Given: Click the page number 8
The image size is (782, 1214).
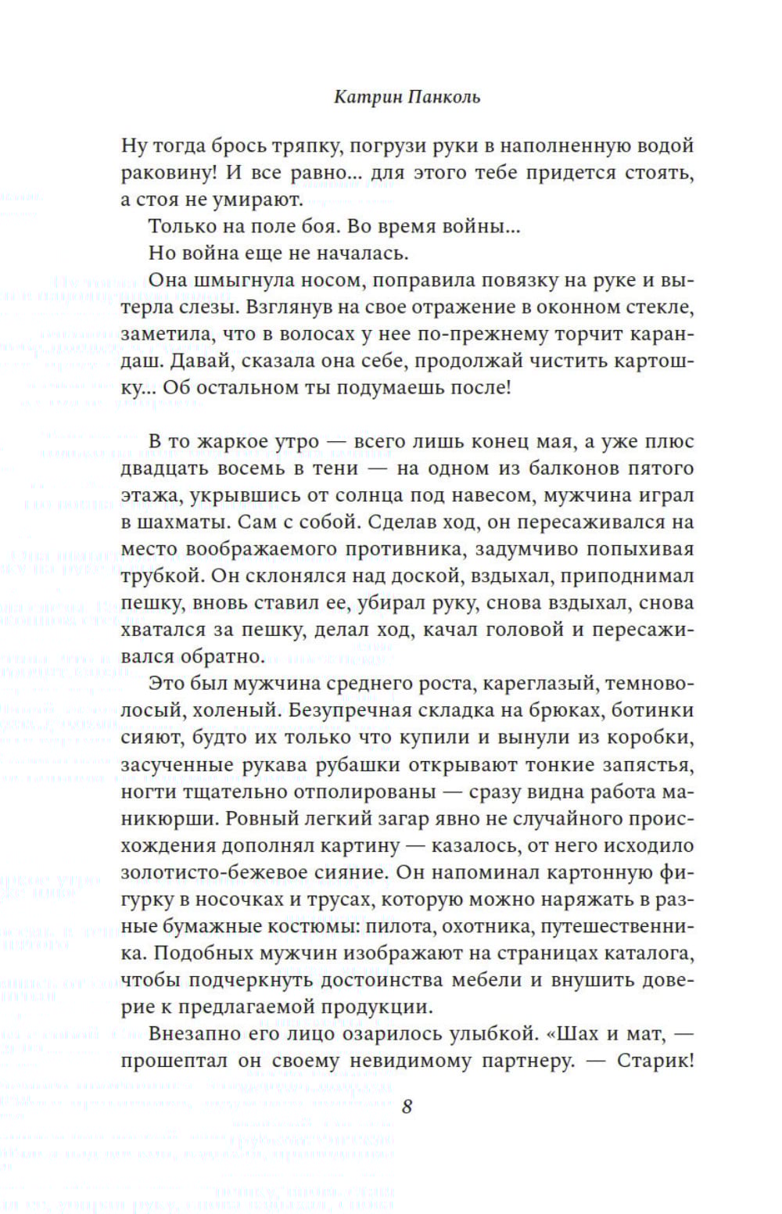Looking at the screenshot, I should tap(406, 1106).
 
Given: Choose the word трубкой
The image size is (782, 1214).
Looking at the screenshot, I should tap(161, 576).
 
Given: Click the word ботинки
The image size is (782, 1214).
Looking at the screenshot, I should tap(653, 710).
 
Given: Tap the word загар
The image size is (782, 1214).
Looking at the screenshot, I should tap(303, 818).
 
